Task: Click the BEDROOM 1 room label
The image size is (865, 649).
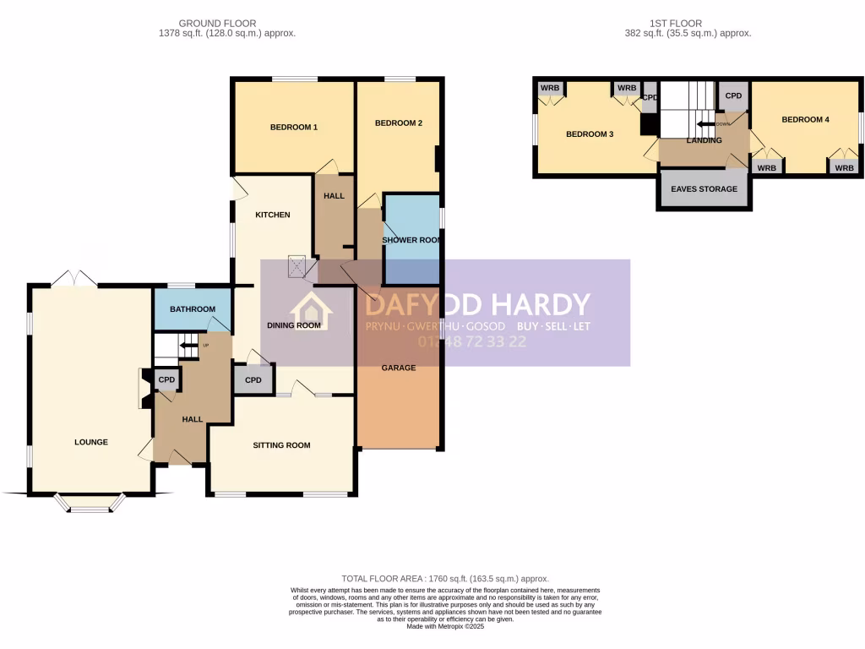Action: click(293, 128)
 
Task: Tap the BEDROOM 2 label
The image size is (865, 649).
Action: click(398, 123)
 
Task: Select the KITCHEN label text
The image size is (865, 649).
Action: click(273, 215)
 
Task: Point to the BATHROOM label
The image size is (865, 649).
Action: click(193, 309)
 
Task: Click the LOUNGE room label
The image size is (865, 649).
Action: click(91, 442)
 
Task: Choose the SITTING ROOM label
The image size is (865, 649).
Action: click(281, 445)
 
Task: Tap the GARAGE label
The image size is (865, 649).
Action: click(398, 368)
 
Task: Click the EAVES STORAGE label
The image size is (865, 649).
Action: click(704, 189)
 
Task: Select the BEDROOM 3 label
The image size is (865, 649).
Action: click(589, 134)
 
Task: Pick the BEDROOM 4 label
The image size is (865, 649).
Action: click(805, 120)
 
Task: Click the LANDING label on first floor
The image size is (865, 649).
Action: click(704, 140)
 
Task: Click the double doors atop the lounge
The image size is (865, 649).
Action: click(73, 277)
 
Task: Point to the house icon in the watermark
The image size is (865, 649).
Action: click(312, 312)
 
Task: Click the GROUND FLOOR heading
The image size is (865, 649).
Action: click(218, 24)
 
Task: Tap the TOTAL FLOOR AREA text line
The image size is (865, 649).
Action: click(445, 579)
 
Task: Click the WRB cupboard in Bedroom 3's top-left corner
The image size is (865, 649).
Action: click(550, 89)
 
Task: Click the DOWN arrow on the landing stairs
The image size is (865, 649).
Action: click(706, 124)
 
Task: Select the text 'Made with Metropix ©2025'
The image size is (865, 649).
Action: click(445, 626)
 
